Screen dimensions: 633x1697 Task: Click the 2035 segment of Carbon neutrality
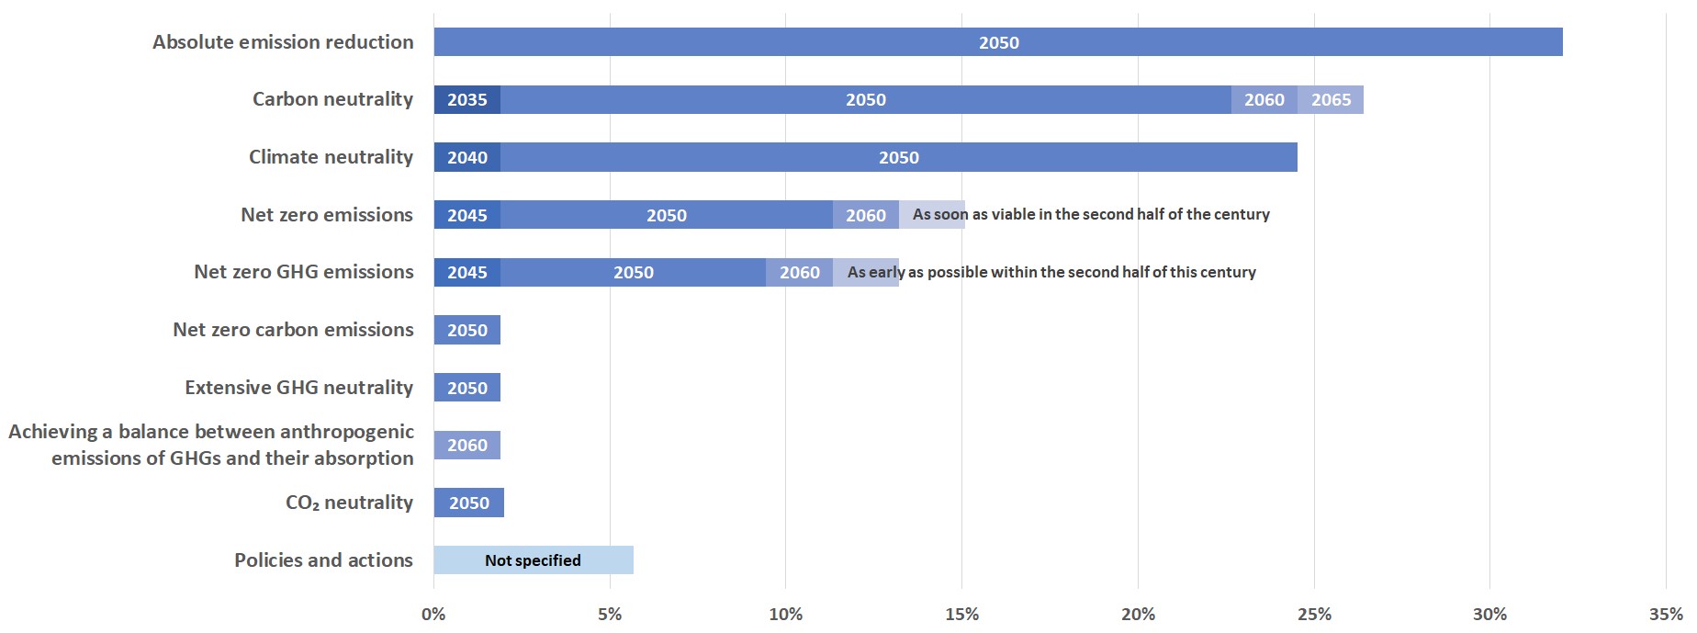466,100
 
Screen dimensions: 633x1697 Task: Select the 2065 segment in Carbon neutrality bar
1331,100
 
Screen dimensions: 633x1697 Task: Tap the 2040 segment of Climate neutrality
466,157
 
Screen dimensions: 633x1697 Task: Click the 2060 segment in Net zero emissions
865,215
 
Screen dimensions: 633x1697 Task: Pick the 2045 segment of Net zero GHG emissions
466,272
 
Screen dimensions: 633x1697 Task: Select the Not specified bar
533,560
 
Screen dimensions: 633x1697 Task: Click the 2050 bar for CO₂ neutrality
468,503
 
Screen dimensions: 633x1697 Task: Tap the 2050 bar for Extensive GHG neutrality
466,388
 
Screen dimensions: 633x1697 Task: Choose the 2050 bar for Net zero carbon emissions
466,330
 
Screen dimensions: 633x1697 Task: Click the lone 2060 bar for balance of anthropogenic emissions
466,446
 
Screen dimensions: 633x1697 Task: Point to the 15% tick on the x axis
961,615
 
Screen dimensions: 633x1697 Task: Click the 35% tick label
1666,615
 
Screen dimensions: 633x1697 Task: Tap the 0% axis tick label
433,615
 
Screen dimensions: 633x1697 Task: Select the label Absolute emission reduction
283,42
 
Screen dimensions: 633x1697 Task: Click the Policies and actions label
323,560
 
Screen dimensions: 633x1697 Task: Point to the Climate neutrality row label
331,157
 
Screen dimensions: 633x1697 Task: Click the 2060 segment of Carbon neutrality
1264,100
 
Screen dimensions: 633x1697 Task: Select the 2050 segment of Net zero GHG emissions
633,272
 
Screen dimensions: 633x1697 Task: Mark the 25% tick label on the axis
1313,615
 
